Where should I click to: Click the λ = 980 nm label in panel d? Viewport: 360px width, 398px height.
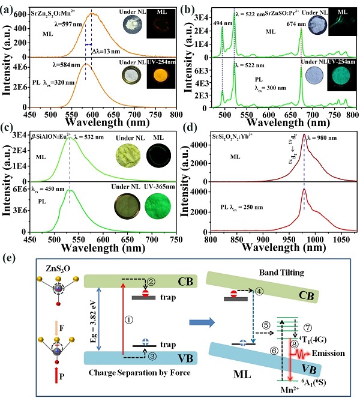coord(325,137)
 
